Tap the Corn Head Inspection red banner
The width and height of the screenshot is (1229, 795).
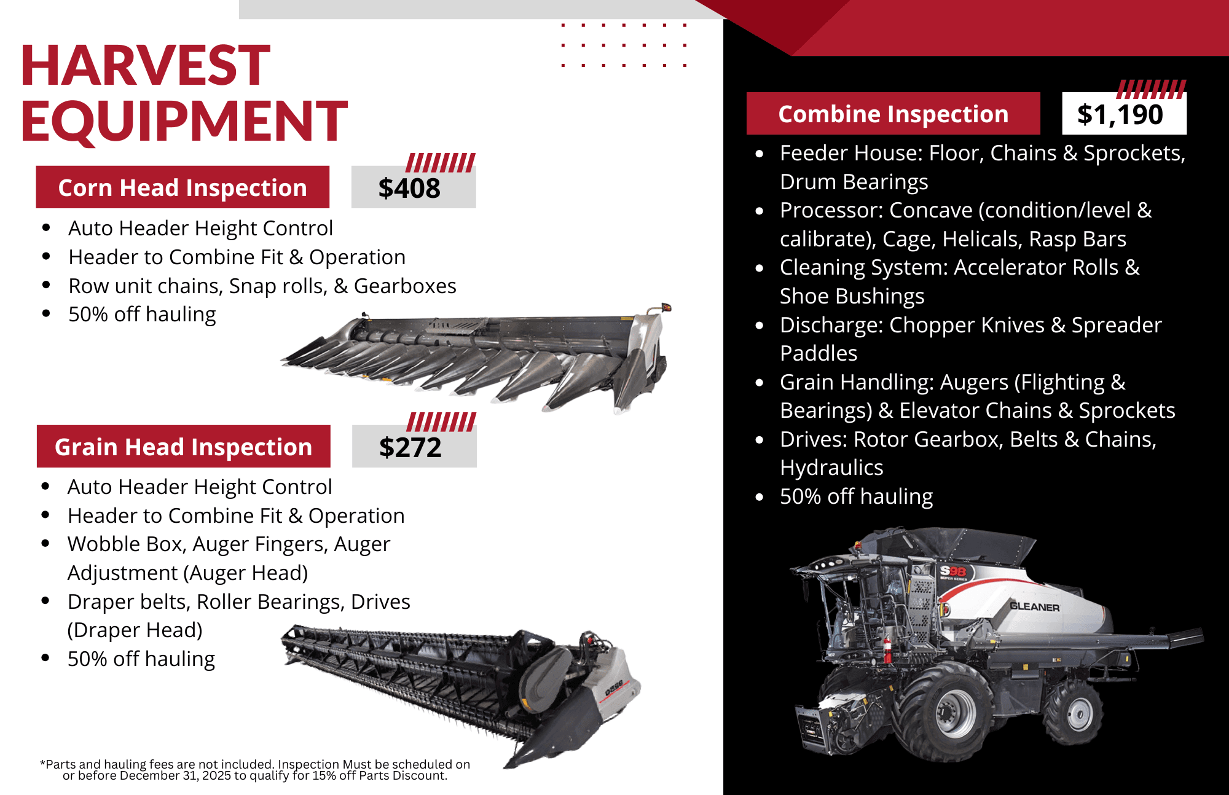(183, 187)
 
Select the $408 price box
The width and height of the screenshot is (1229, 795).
(414, 187)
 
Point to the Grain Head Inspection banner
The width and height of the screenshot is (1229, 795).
(183, 447)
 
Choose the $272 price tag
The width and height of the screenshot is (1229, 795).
(414, 447)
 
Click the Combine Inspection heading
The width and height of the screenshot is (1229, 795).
(893, 114)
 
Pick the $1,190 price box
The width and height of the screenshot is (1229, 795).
(1124, 114)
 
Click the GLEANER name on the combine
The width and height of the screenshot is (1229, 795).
(1035, 607)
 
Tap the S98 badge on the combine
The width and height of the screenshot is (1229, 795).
(953, 571)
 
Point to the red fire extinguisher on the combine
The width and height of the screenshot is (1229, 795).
(887, 650)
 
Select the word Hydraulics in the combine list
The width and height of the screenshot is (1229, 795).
(831, 468)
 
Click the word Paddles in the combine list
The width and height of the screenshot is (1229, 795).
(819, 353)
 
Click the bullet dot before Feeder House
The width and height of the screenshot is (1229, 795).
(760, 154)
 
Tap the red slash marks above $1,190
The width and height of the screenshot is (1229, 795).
(1152, 89)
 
